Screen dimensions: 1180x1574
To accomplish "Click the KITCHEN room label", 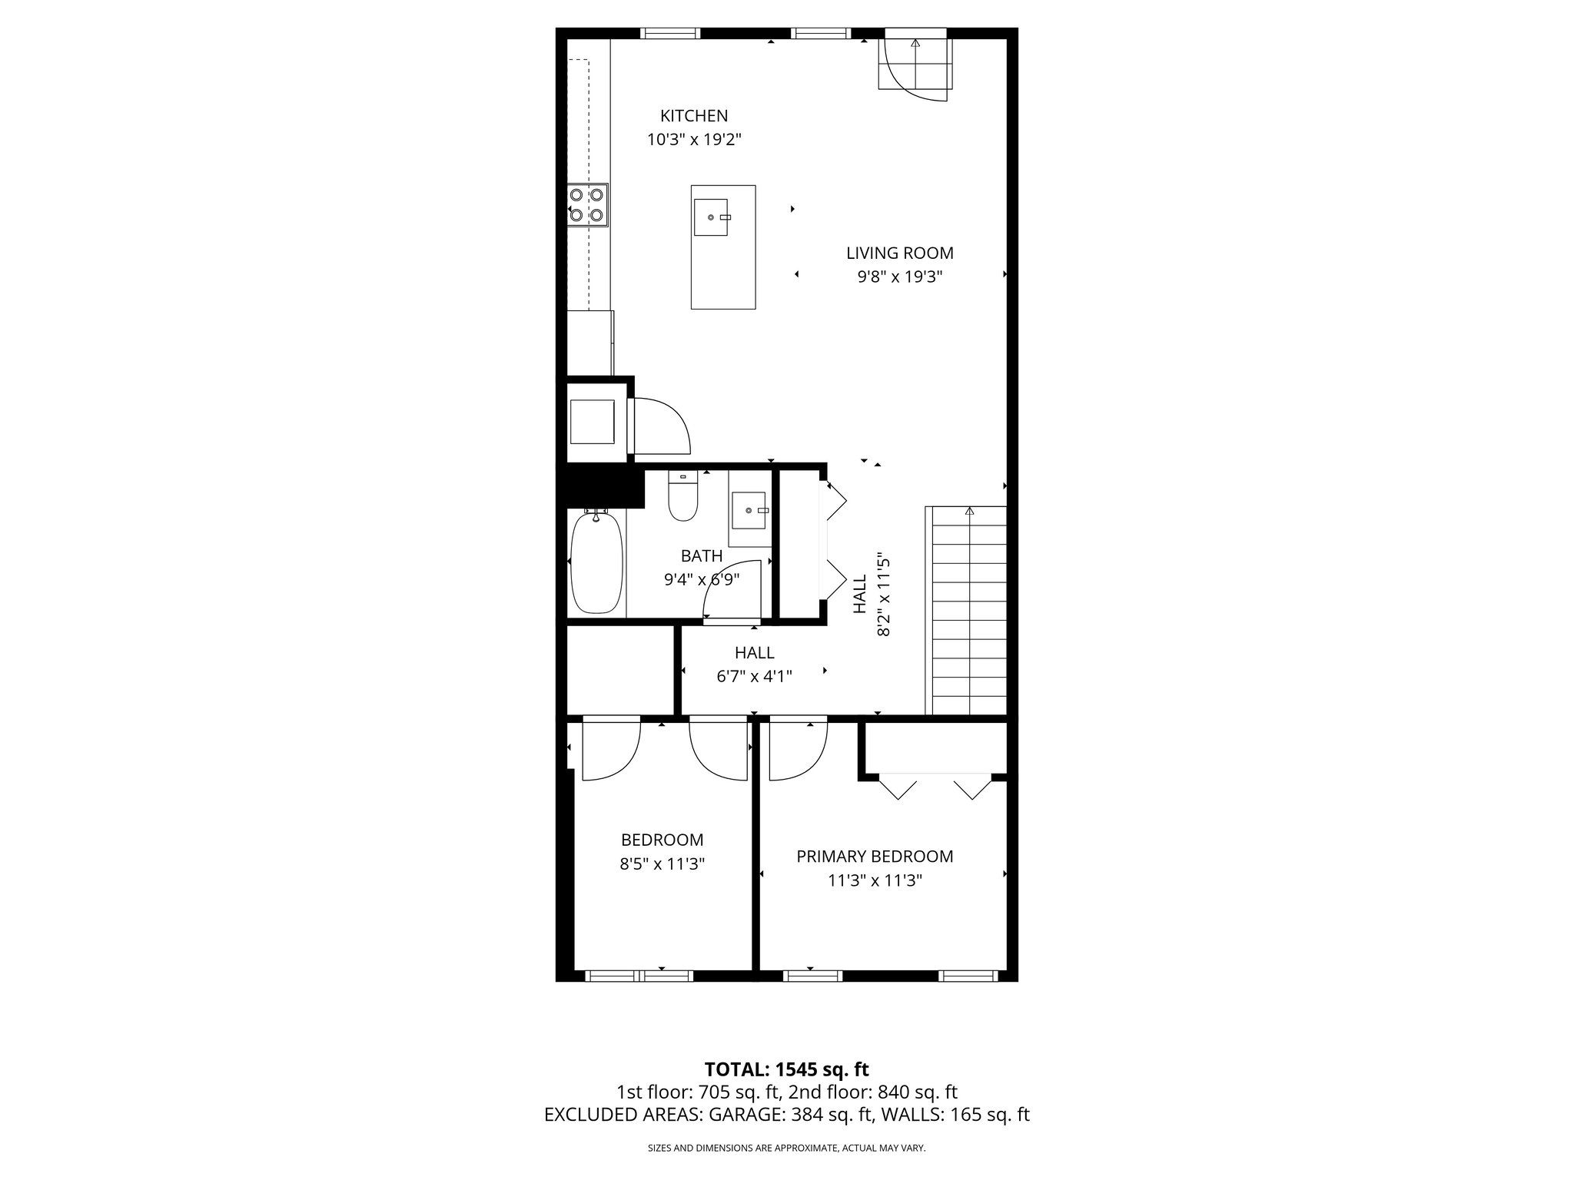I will tap(694, 116).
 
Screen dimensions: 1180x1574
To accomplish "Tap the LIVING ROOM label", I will tap(899, 253).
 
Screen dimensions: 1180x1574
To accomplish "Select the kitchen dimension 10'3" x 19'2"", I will tap(694, 140).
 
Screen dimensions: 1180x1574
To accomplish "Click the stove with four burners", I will tap(588, 205).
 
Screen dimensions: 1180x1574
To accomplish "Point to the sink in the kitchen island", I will tap(712, 217).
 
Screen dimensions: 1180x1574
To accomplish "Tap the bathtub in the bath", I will tap(596, 563).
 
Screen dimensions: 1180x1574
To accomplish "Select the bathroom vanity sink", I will tap(748, 511).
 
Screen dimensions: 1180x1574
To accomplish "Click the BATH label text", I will tap(701, 555).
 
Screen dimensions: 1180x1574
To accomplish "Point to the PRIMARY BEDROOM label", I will tap(875, 857).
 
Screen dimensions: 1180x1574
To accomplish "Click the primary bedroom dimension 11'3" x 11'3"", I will tap(875, 880).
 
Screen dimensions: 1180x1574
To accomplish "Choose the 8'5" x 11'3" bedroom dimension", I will tap(662, 863).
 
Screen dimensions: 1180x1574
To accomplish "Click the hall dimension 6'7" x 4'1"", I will tap(754, 676).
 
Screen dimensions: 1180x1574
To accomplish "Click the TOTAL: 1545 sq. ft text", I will tap(786, 1069).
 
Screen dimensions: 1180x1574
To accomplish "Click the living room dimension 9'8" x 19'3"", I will tap(899, 277).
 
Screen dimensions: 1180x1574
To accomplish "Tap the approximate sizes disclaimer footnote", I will tap(786, 1149).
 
